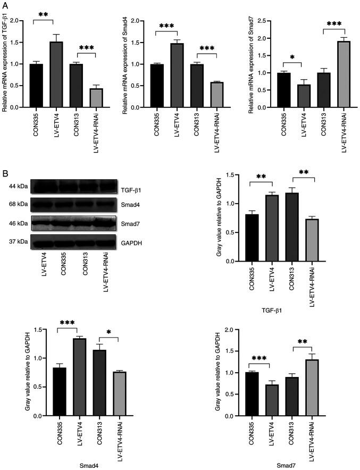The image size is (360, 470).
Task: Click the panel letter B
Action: (5, 173)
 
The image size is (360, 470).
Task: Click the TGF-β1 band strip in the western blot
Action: (73, 187)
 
